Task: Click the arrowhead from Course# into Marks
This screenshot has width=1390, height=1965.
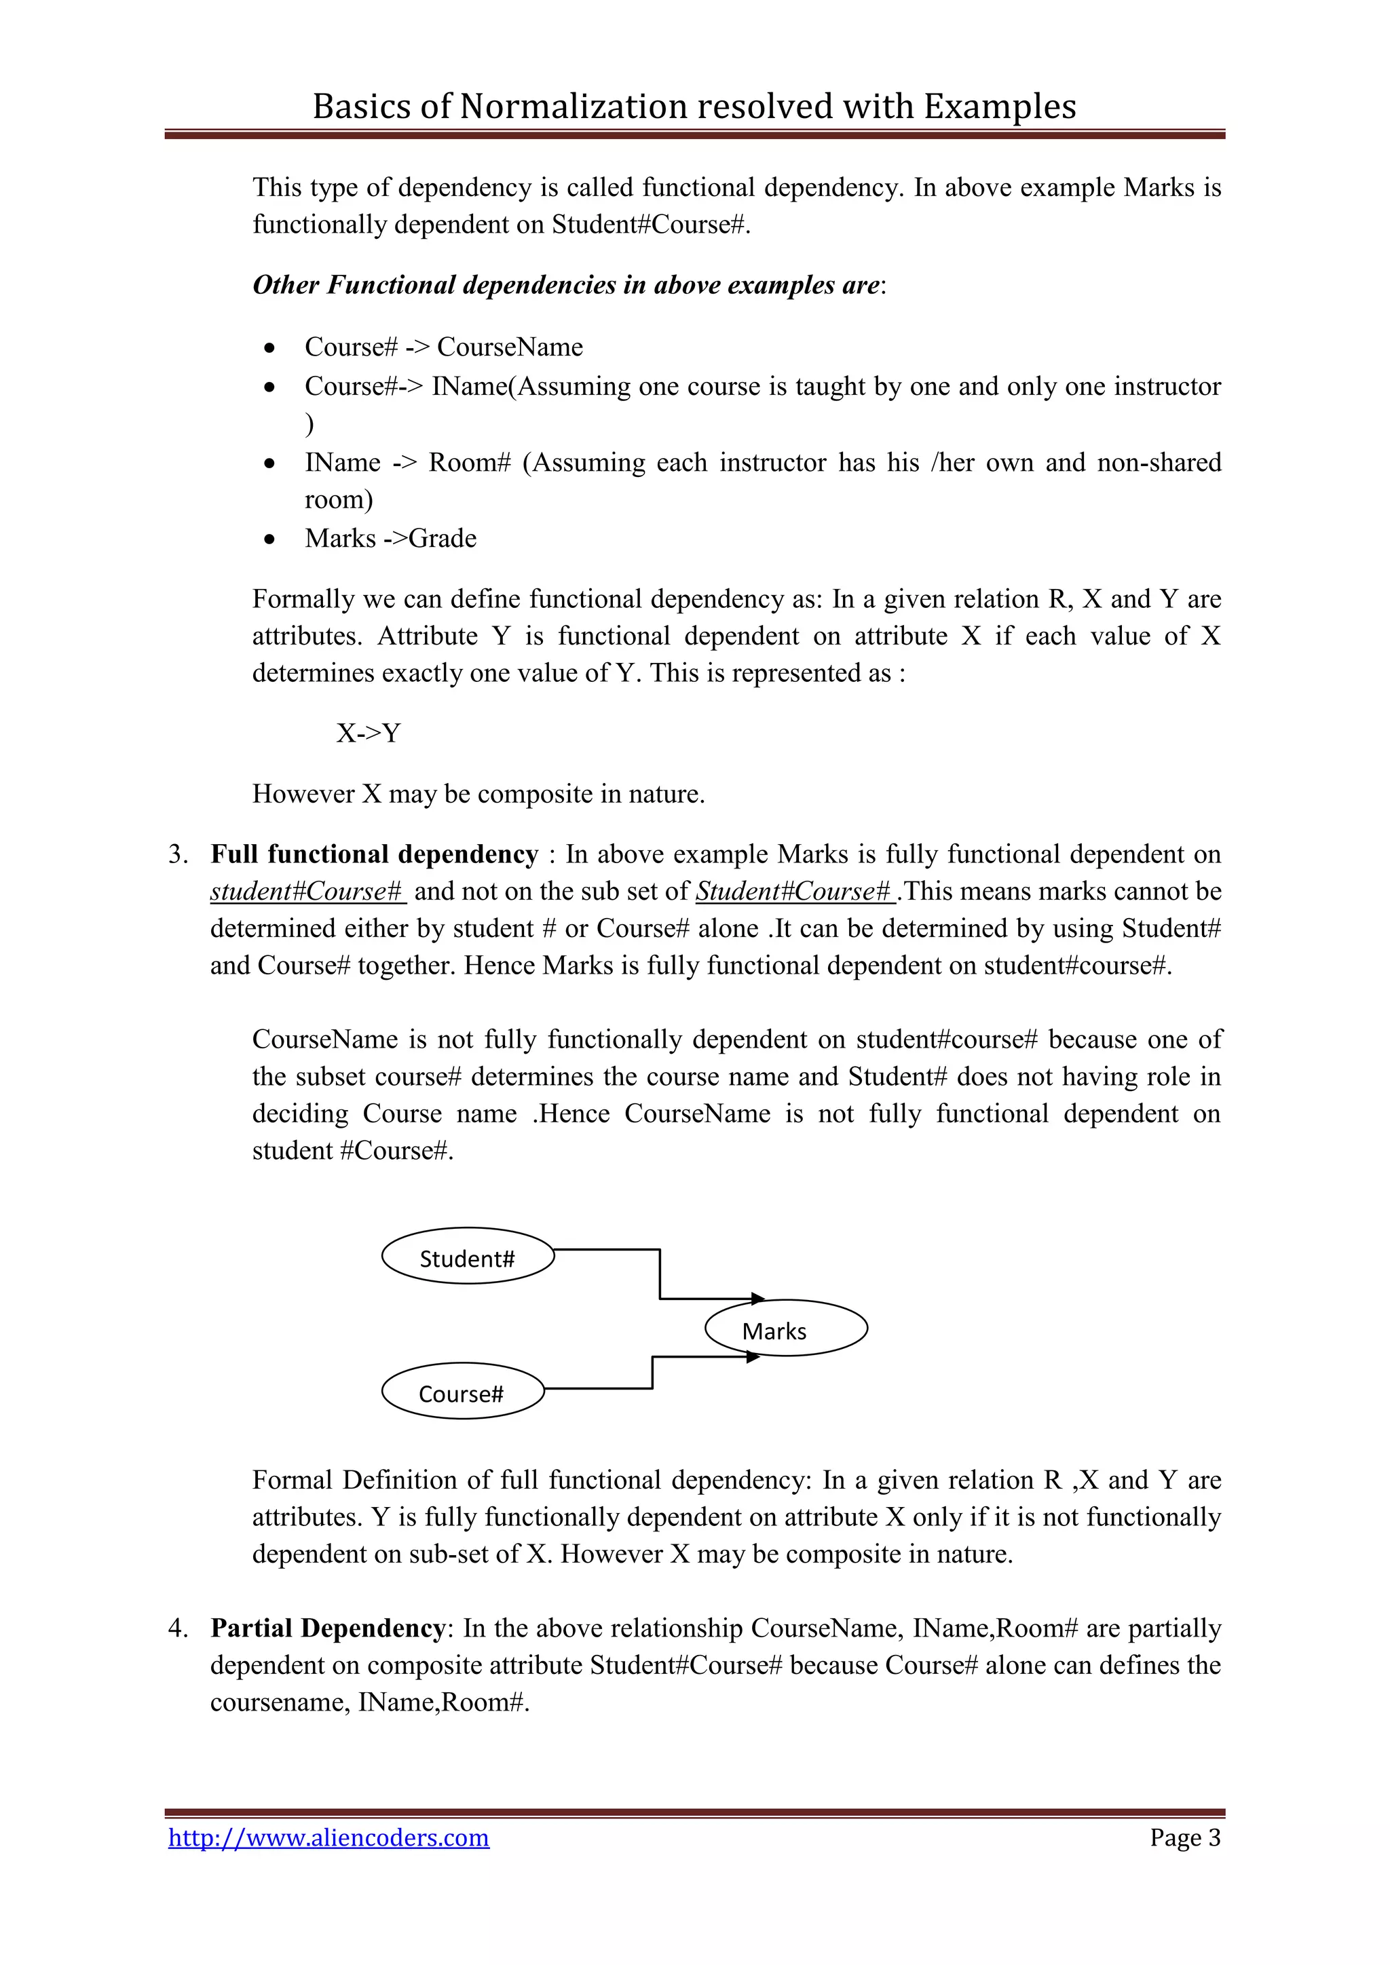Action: pyautogui.click(x=753, y=1356)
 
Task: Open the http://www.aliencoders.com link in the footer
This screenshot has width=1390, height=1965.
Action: pyautogui.click(x=328, y=1837)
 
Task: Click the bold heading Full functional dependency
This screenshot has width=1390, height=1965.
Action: pyautogui.click(x=374, y=854)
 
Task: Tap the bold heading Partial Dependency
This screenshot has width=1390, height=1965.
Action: pyautogui.click(x=328, y=1628)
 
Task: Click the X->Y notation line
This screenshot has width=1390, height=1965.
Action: pyautogui.click(x=368, y=733)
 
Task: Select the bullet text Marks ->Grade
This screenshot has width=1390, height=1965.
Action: pyautogui.click(x=390, y=538)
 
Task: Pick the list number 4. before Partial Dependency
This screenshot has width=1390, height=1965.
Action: pyautogui.click(x=177, y=1628)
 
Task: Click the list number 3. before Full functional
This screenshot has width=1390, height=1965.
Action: pyautogui.click(x=177, y=855)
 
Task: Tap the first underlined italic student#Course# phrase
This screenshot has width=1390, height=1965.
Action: pyautogui.click(x=306, y=892)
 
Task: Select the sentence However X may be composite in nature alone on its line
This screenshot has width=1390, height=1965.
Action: pyautogui.click(x=478, y=795)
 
